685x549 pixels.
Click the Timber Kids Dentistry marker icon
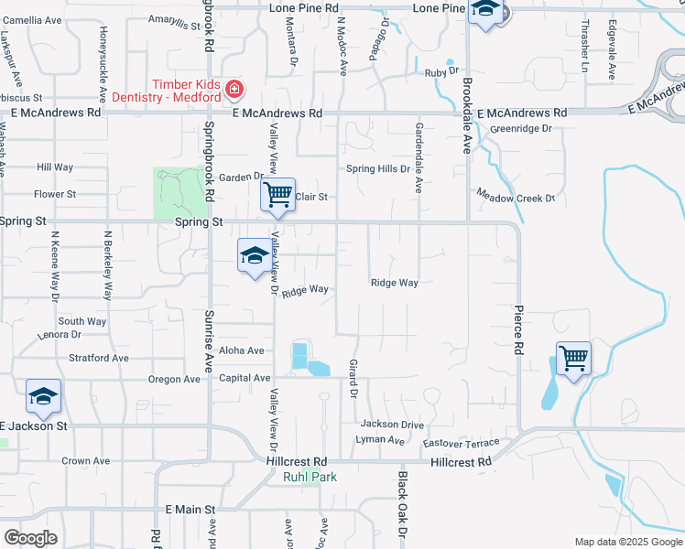click(x=234, y=90)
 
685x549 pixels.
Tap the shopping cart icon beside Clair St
click(x=277, y=195)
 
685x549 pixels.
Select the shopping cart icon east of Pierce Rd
click(x=573, y=358)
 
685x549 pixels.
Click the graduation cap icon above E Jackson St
click(x=43, y=396)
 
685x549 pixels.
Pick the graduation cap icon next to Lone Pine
click(x=484, y=11)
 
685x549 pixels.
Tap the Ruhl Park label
click(x=310, y=477)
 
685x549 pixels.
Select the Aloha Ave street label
click(x=242, y=350)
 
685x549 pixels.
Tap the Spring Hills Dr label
click(x=377, y=168)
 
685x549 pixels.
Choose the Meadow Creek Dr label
click(x=516, y=197)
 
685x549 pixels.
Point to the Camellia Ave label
click(x=32, y=19)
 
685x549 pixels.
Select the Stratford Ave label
click(x=98, y=358)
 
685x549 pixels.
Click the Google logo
click(x=30, y=538)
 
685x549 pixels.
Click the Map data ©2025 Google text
click(x=627, y=542)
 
